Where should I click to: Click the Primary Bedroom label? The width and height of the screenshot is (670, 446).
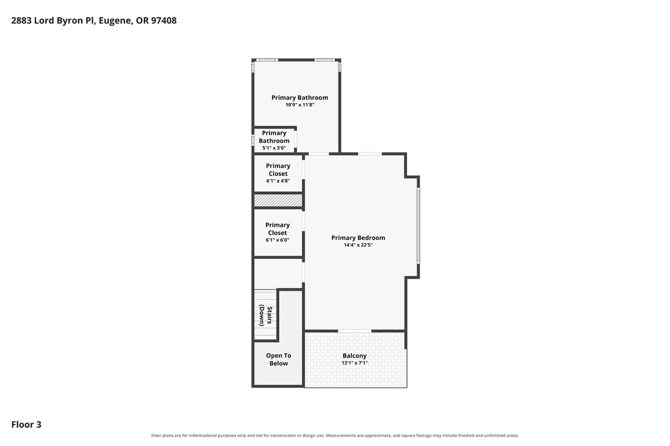coord(358,238)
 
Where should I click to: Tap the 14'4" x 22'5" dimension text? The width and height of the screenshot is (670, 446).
coord(358,245)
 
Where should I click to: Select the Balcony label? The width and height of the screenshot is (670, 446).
coord(355,356)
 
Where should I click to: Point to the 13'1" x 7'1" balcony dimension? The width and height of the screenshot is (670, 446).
coord(355,363)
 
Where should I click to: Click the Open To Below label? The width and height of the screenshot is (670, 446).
coord(279,359)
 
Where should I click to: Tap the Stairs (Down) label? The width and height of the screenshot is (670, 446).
coord(266,315)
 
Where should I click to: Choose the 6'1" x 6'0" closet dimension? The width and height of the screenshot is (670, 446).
coord(277,240)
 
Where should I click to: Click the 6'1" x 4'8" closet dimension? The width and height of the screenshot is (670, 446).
coord(278,181)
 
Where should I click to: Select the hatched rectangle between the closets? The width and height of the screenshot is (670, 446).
coord(278,200)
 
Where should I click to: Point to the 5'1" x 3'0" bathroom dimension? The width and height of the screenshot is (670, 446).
coord(274,148)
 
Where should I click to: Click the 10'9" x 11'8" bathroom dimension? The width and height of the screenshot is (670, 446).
coord(300,105)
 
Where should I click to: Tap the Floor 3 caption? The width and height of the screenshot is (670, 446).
coord(26,424)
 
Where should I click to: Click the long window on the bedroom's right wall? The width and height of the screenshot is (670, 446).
coord(418,226)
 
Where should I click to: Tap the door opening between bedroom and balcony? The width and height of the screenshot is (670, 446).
coord(355,331)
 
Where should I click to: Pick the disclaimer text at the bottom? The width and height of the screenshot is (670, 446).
coord(335,435)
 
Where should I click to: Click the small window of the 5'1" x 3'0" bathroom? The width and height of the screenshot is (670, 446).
coord(253,140)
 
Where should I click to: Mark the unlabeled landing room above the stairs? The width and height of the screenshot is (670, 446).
coord(278,273)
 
